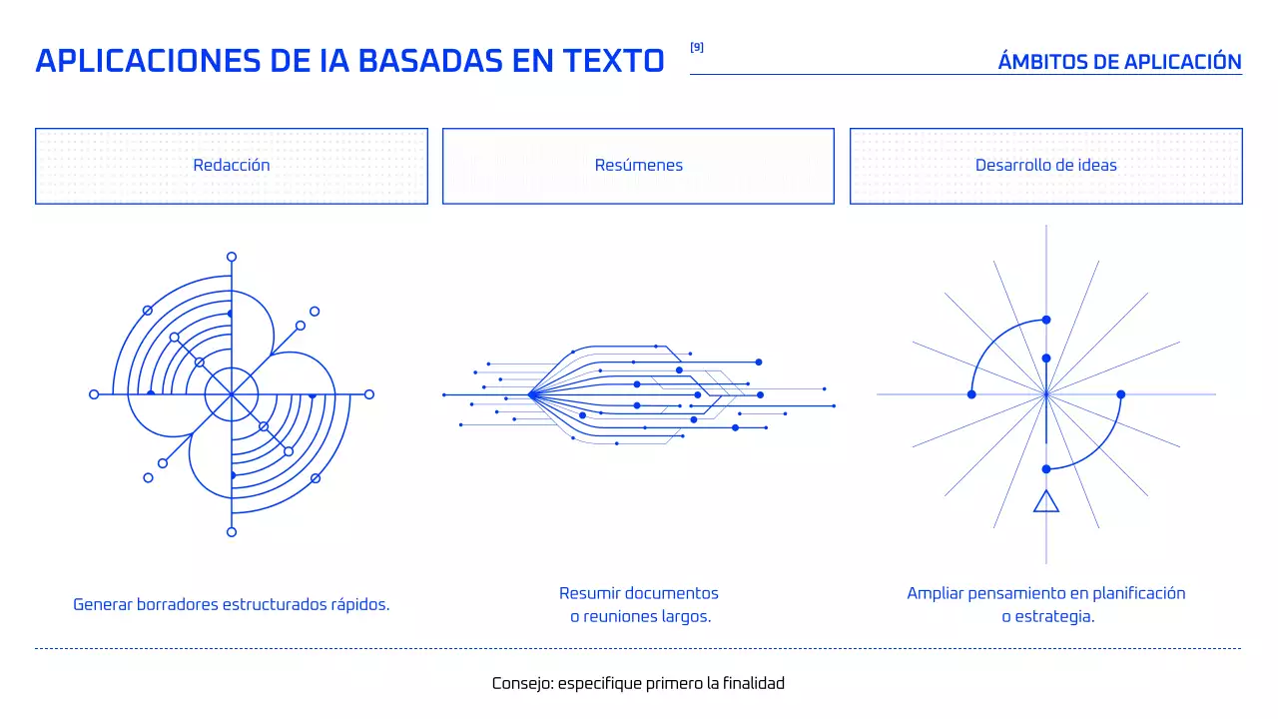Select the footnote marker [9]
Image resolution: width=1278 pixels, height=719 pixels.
[x=697, y=47]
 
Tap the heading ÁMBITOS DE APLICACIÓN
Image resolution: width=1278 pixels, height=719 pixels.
[x=1119, y=62]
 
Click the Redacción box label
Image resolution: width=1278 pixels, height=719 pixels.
[x=232, y=166]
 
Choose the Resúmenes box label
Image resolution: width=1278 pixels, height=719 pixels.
[x=639, y=166]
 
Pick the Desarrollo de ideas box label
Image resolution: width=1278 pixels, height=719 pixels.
[x=1046, y=166]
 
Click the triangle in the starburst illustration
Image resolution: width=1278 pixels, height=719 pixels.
[x=1046, y=501]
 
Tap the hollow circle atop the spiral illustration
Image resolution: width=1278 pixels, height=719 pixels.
[x=232, y=257]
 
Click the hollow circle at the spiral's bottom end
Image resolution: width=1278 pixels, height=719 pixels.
[x=232, y=532]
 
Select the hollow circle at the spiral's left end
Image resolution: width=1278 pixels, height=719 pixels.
[x=94, y=394]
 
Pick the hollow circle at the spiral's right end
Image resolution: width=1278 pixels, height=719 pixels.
[x=369, y=394]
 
